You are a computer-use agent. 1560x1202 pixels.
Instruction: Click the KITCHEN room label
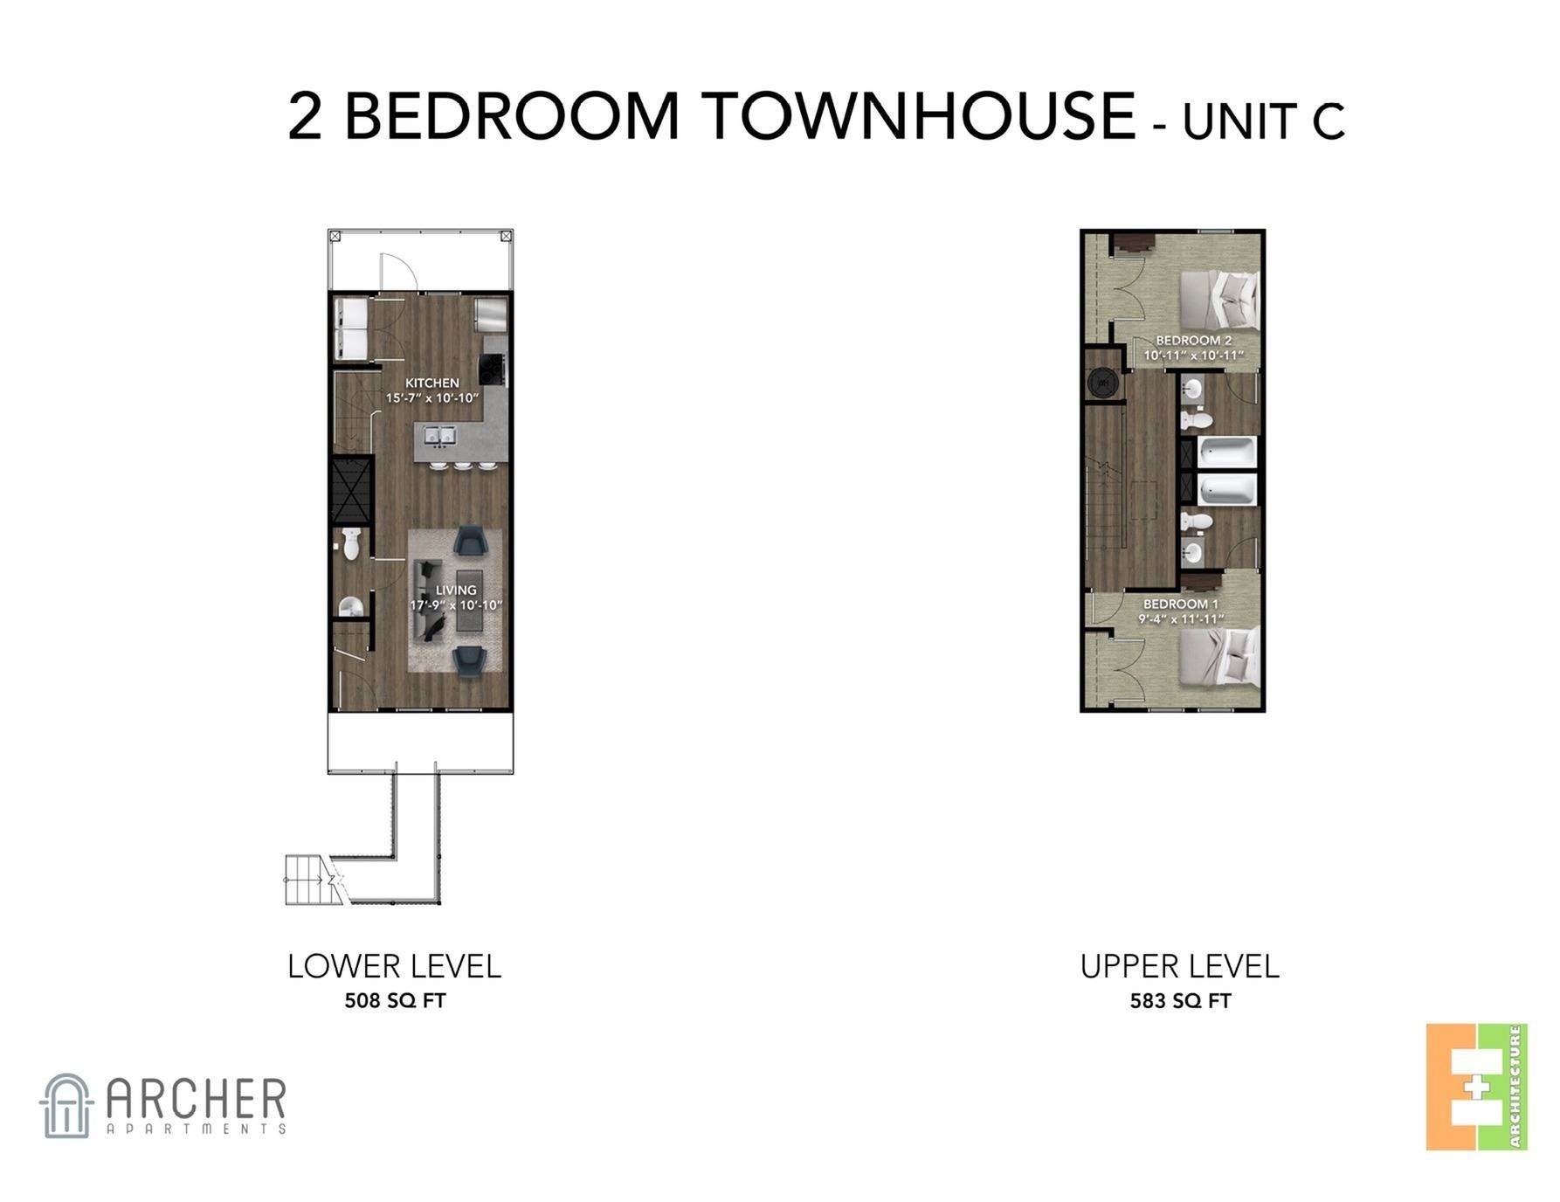click(x=432, y=383)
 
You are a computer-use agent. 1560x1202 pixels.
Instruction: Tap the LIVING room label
click(x=456, y=590)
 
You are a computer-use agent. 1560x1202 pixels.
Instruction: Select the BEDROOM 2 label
click(x=1194, y=340)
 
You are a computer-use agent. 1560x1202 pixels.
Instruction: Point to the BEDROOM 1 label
click(x=1181, y=604)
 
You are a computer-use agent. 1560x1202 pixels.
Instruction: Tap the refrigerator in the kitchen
click(x=492, y=314)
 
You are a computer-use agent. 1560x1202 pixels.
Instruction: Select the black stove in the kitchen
click(x=494, y=370)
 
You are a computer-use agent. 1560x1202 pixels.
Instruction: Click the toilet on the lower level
click(x=351, y=543)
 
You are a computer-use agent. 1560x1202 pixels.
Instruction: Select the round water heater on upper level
click(x=1102, y=383)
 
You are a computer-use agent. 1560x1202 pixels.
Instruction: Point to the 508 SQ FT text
click(x=395, y=1001)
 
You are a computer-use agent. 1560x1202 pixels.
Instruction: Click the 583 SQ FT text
click(x=1180, y=1001)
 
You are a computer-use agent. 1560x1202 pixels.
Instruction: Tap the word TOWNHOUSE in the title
click(x=920, y=115)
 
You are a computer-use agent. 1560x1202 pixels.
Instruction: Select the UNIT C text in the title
click(x=1263, y=121)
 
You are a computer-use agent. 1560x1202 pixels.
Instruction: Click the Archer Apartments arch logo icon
click(x=66, y=1105)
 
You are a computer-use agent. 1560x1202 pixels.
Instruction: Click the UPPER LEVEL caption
click(x=1179, y=966)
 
